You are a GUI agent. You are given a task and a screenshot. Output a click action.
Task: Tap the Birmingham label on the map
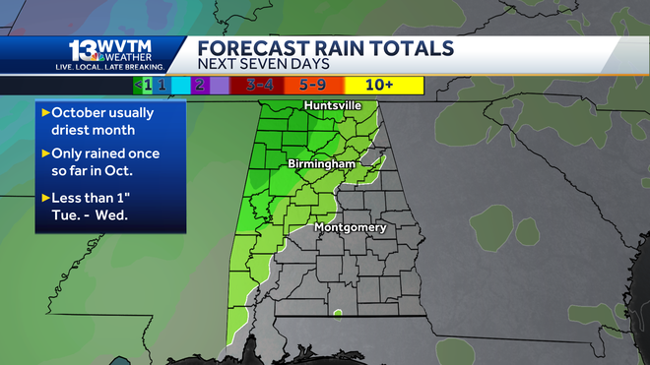point(322,162)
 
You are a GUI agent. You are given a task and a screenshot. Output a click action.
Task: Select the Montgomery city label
point(350,228)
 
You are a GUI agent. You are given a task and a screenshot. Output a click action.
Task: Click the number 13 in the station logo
point(81,50)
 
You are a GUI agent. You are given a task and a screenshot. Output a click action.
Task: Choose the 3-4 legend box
point(258,85)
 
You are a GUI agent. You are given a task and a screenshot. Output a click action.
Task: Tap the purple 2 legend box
point(200,85)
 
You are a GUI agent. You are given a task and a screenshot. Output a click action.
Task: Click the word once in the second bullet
point(143,153)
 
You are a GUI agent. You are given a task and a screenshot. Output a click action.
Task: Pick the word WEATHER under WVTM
point(125,57)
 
